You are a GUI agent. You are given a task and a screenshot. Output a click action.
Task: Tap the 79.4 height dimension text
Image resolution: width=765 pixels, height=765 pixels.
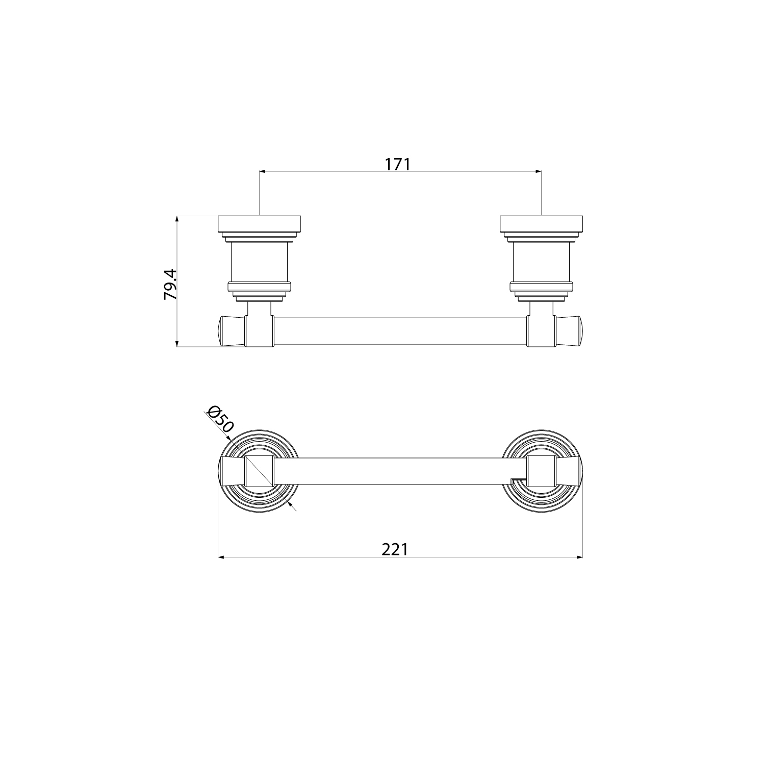click(170, 284)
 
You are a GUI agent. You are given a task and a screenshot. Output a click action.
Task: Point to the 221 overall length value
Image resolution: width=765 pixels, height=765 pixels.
click(395, 549)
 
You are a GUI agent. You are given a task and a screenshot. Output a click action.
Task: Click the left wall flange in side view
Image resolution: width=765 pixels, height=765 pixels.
click(260, 224)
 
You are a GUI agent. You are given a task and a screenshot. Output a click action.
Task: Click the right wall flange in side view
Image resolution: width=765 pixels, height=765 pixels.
click(541, 224)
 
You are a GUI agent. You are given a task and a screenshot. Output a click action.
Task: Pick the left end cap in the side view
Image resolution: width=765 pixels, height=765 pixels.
click(233, 331)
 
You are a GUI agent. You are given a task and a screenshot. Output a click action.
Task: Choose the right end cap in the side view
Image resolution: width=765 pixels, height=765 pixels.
click(569, 331)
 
